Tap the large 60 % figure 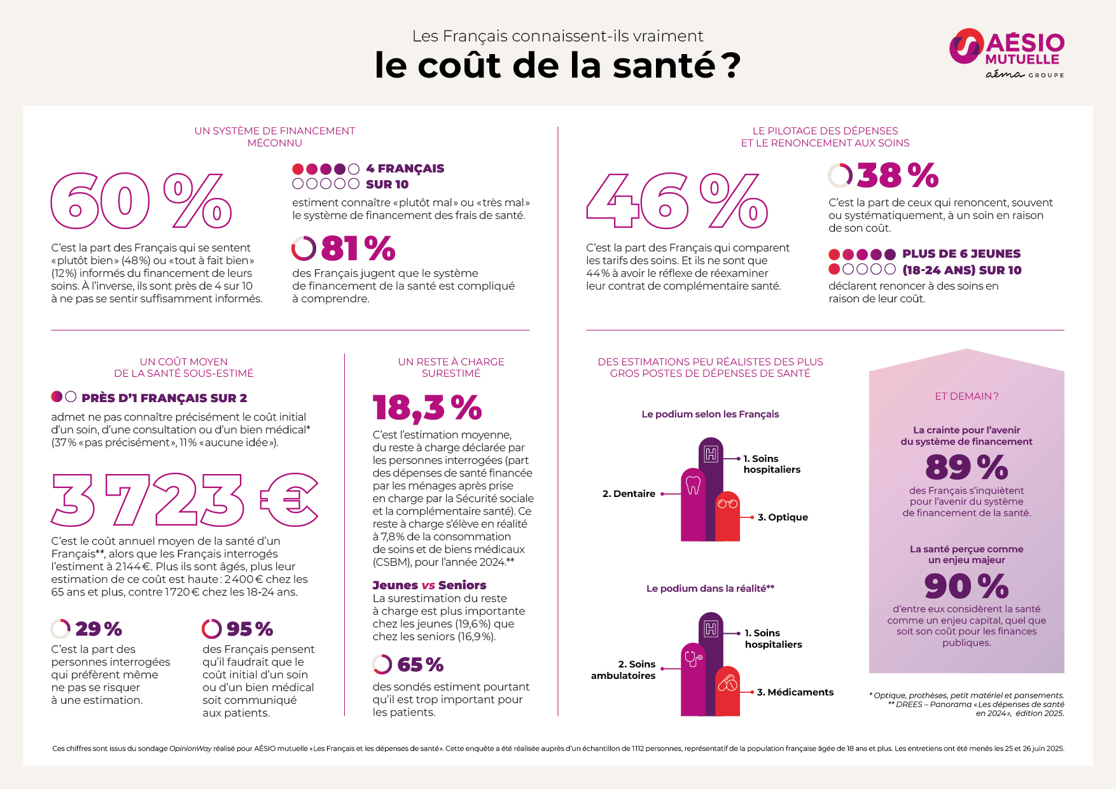point(141,200)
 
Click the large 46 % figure point(676,200)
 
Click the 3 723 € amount point(185,500)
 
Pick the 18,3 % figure point(427,408)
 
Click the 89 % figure point(966,468)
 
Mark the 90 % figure point(966,586)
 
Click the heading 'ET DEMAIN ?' point(966,396)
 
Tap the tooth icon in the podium point(693,485)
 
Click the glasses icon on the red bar point(727,504)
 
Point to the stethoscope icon point(693,659)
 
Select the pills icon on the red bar point(727,684)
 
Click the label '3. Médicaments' point(795,692)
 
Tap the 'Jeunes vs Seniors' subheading point(429,585)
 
